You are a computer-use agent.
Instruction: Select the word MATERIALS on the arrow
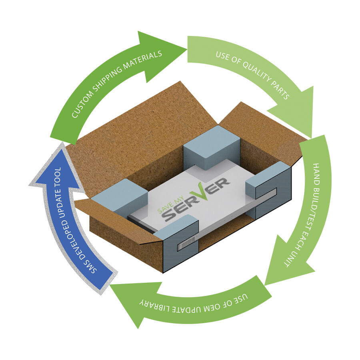[x=142, y=60]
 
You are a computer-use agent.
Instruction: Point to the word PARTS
[x=280, y=90]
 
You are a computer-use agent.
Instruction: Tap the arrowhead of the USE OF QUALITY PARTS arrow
[x=296, y=113]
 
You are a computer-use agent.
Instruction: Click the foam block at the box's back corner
[x=212, y=147]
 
